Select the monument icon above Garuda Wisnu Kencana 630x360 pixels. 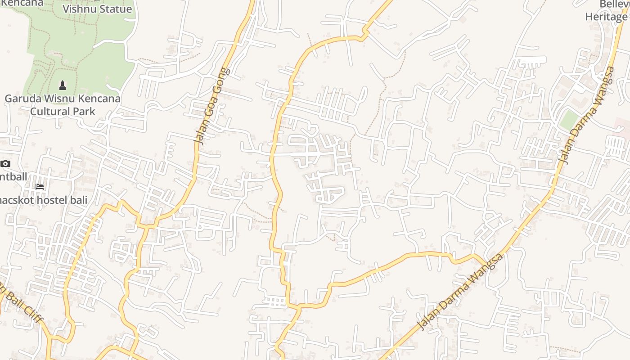point(63,85)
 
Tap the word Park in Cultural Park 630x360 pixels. point(84,111)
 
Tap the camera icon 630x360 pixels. point(5,163)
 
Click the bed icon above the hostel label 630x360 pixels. point(40,186)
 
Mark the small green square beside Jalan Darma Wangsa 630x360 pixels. point(569,120)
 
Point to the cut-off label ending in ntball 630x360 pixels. point(13,176)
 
